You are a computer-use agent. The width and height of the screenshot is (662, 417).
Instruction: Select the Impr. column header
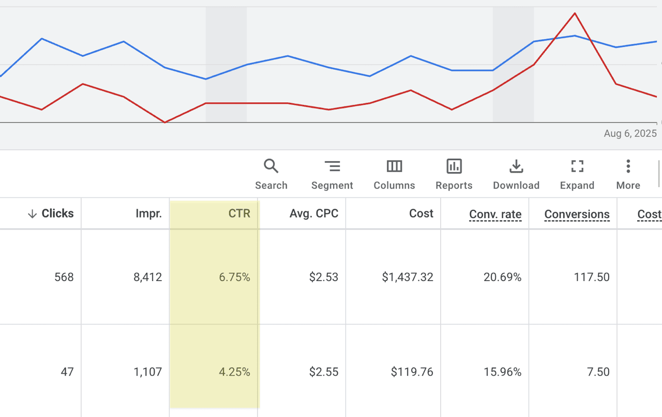coord(148,213)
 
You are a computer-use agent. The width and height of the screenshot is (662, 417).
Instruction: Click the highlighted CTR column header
coord(239,213)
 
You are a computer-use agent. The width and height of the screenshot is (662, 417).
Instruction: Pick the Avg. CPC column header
coord(314,213)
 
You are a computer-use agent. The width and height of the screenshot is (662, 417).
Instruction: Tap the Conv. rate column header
coord(495,214)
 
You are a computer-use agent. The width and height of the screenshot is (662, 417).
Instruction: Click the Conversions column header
coord(577,214)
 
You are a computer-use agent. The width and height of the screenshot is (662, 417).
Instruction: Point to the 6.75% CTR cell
coord(234,277)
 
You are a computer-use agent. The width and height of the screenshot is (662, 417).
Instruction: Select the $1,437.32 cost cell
coord(408,277)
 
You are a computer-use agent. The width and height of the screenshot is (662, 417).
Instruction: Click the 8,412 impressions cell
coord(148,277)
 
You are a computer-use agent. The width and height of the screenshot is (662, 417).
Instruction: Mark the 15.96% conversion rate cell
coord(502,372)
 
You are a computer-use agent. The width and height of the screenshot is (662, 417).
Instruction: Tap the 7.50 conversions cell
coord(598,372)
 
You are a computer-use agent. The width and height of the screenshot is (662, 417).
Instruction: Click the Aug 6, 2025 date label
coord(630,133)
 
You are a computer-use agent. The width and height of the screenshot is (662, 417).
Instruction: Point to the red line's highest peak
coord(575,13)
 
